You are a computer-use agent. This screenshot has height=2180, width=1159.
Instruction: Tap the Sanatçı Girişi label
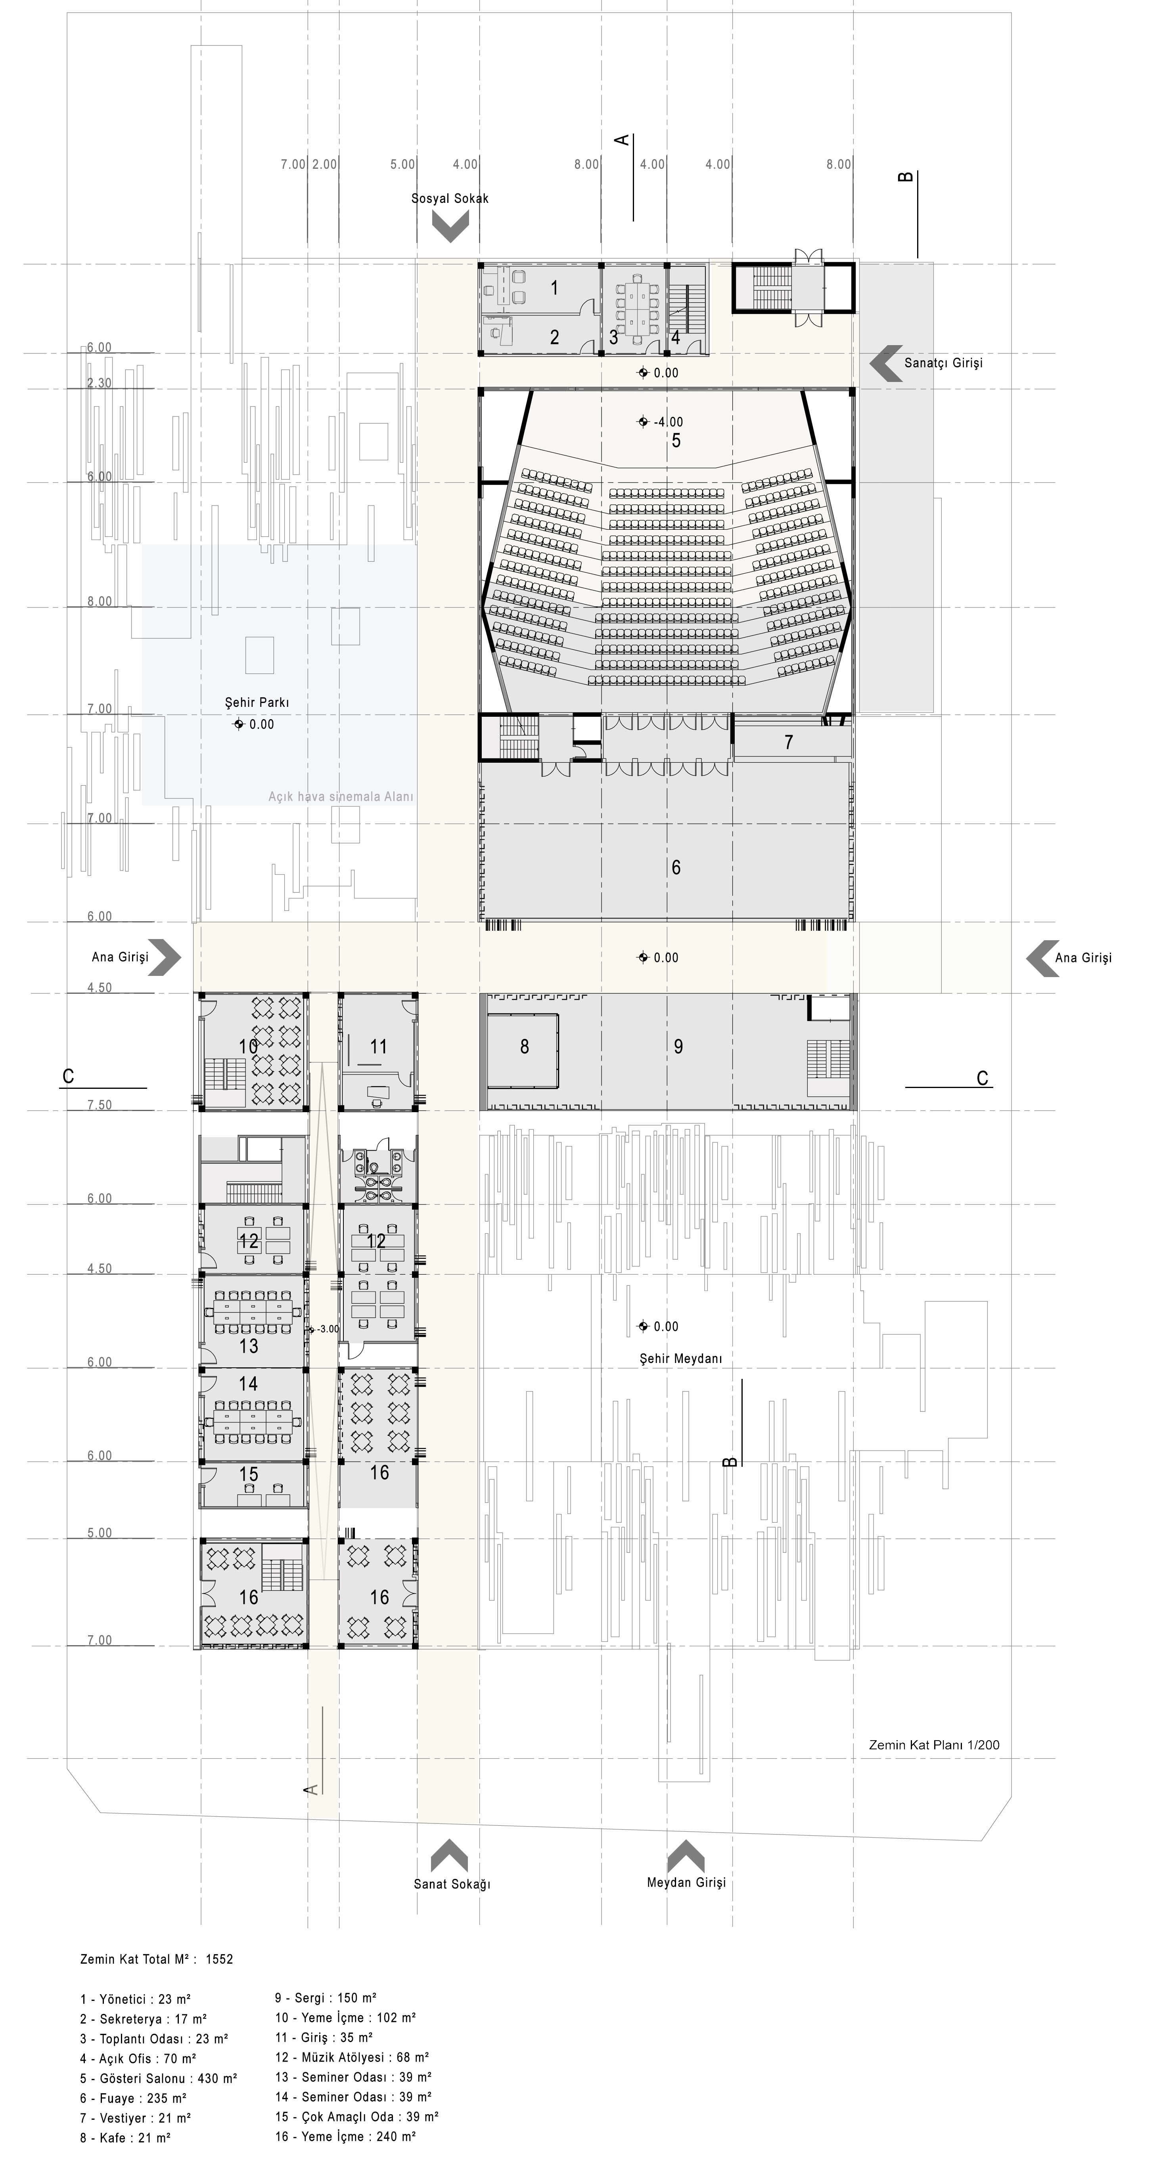tap(943, 363)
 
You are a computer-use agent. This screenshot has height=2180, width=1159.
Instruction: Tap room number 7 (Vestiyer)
tap(789, 742)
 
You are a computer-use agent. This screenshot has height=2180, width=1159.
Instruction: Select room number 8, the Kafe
tap(524, 1047)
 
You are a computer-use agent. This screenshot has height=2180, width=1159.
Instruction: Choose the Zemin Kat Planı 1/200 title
tap(934, 1737)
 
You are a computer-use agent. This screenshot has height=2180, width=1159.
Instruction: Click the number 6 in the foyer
tap(676, 867)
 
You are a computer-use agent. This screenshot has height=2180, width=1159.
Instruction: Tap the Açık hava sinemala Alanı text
tap(341, 796)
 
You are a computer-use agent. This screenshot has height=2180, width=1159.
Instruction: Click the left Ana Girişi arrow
tap(164, 957)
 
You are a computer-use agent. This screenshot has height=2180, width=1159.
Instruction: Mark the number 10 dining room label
tap(248, 1047)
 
